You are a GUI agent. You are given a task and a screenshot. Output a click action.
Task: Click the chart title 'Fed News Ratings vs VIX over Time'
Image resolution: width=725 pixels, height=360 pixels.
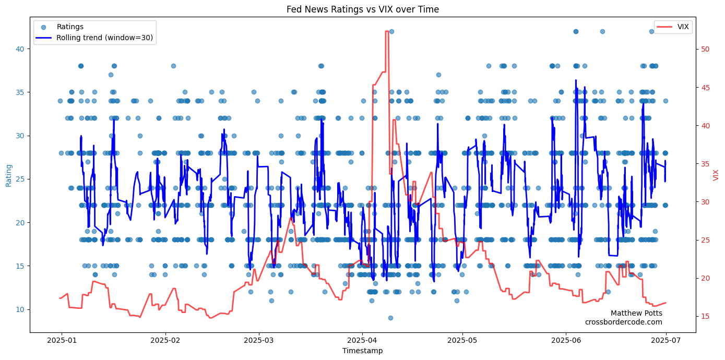click(362, 9)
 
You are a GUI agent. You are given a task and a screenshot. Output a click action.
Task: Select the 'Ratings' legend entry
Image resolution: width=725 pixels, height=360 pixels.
click(70, 27)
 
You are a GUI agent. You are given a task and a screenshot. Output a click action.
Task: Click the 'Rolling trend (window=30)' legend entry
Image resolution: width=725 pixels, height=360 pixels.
click(104, 38)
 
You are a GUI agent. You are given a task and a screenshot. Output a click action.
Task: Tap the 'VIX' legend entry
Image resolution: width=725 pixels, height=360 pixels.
click(683, 27)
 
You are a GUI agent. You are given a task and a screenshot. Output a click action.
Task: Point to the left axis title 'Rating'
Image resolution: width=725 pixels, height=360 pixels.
click(8, 175)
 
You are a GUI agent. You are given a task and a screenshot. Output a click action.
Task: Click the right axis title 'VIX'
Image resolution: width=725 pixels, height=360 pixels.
click(716, 175)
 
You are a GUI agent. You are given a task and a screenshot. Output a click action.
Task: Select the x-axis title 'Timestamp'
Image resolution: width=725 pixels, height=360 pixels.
click(362, 351)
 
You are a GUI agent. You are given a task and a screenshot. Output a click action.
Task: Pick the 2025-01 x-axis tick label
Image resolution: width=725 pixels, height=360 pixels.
click(62, 340)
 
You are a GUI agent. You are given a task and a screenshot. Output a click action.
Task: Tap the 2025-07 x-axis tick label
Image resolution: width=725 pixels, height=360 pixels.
click(665, 340)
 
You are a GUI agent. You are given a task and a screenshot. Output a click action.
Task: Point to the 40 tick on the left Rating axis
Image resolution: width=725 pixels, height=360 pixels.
click(21, 49)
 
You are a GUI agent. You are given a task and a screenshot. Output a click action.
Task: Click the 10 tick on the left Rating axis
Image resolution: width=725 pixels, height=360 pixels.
click(21, 309)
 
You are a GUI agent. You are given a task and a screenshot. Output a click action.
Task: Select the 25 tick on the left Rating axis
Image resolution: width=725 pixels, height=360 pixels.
click(21, 179)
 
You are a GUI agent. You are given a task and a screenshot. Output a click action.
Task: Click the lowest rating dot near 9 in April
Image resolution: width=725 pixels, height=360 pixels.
click(390, 318)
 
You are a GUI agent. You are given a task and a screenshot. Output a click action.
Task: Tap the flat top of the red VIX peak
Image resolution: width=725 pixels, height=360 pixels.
click(387, 31)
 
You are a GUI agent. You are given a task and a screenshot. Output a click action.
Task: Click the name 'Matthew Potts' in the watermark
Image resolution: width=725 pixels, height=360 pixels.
click(636, 313)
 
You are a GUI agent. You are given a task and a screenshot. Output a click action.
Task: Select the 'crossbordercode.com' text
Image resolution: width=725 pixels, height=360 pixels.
click(623, 322)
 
